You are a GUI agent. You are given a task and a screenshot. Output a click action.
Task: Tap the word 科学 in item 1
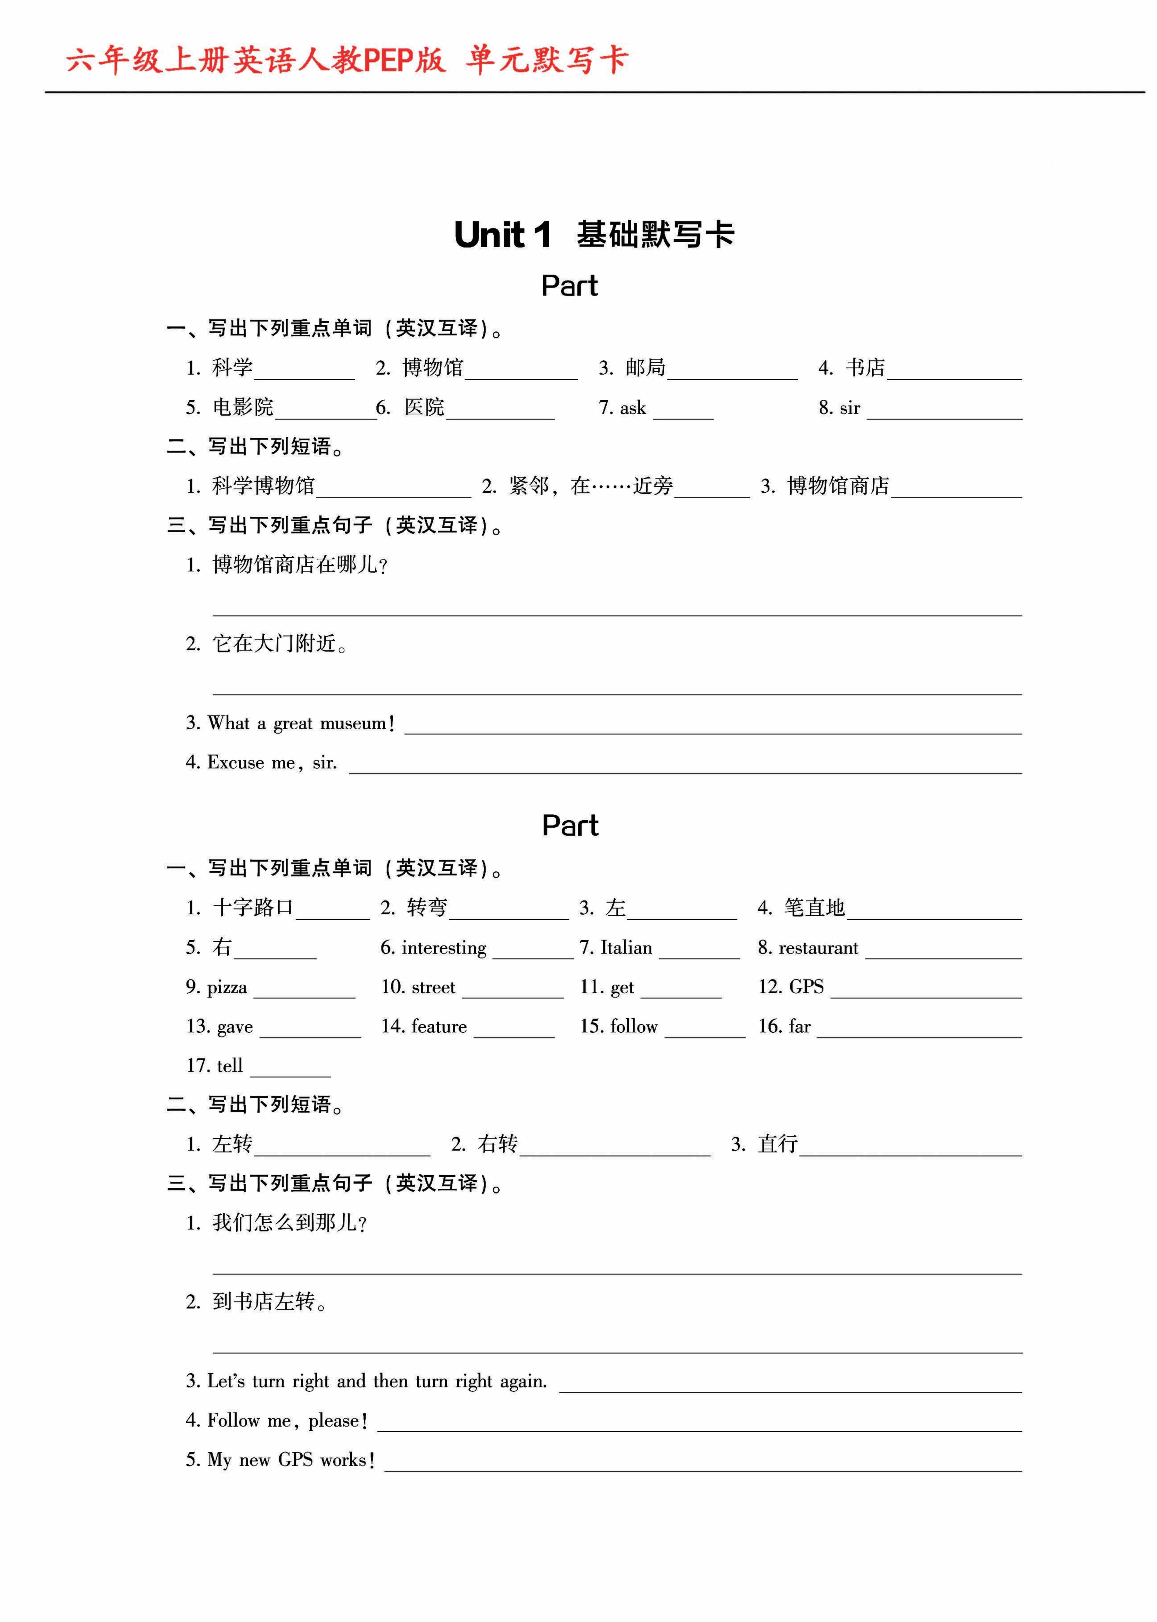232,367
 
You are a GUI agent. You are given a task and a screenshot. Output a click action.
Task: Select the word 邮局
645,367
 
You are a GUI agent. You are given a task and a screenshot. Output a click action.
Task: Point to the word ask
633,408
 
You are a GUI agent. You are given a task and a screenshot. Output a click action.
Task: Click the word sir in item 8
850,408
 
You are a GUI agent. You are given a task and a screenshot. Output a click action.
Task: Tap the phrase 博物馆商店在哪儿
299,565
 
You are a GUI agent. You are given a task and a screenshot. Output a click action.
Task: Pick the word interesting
444,948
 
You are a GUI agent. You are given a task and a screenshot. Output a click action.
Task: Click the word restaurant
818,948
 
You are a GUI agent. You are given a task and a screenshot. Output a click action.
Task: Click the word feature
439,1026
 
